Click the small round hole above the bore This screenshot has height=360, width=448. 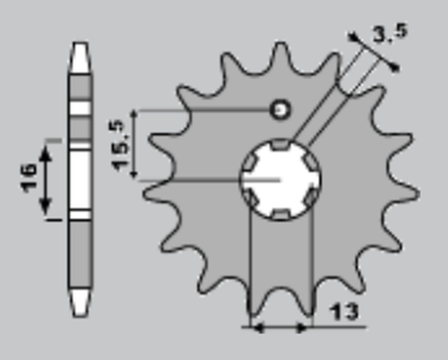[x=279, y=110]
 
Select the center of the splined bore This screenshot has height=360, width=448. [x=279, y=180]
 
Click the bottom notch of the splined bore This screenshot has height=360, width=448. [x=279, y=214]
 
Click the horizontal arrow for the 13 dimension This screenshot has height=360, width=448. [x=278, y=327]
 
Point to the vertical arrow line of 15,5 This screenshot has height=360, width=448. [x=135, y=145]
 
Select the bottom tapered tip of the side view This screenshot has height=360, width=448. [x=80, y=300]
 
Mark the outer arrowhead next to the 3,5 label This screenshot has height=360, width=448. [x=394, y=67]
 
